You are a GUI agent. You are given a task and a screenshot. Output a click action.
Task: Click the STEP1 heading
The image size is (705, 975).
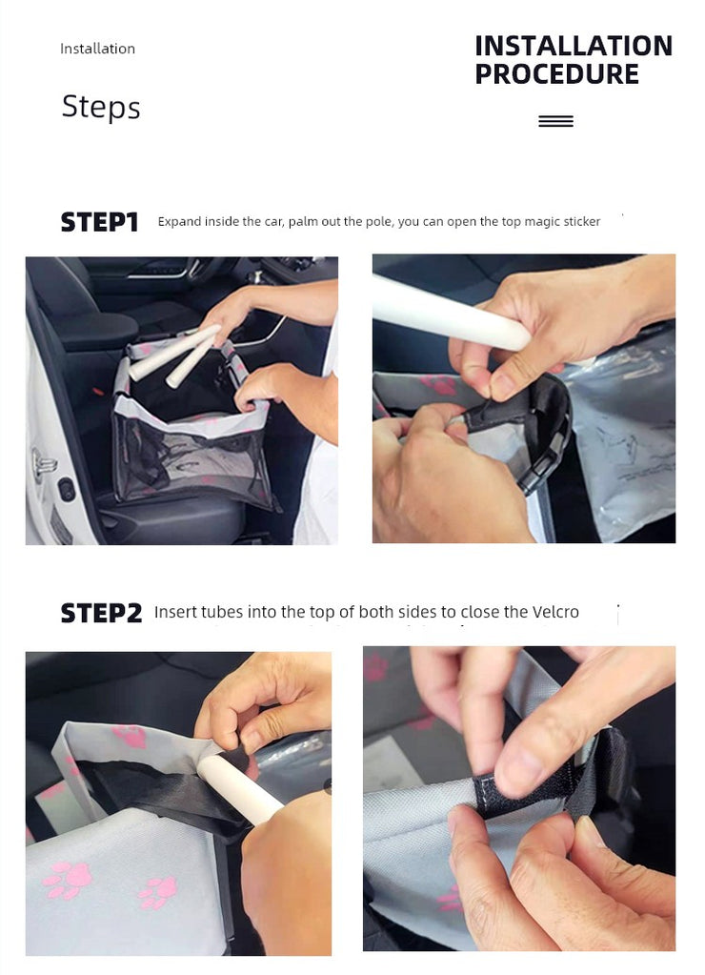(x=99, y=222)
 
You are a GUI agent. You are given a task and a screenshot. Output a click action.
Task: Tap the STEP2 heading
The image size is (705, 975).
(x=101, y=613)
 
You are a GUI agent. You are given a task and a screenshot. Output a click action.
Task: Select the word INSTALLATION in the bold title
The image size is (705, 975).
(x=574, y=46)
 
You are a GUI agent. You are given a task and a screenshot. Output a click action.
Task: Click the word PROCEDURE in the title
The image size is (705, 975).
(x=556, y=74)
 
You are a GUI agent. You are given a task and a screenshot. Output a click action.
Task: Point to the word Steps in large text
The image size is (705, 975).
(x=101, y=107)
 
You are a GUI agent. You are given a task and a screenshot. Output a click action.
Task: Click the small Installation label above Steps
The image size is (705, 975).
(x=97, y=49)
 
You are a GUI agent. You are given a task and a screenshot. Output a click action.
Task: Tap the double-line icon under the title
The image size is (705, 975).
(x=555, y=121)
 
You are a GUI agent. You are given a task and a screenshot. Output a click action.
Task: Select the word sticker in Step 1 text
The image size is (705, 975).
(x=582, y=221)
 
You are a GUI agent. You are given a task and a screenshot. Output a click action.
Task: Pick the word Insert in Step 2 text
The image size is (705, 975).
(x=175, y=612)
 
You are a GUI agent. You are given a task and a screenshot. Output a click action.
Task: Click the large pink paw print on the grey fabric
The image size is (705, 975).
(x=67, y=880)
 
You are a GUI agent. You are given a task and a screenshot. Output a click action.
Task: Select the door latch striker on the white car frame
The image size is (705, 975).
(x=44, y=464)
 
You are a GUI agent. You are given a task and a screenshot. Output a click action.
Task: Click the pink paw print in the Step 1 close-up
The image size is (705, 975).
(x=438, y=384)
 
